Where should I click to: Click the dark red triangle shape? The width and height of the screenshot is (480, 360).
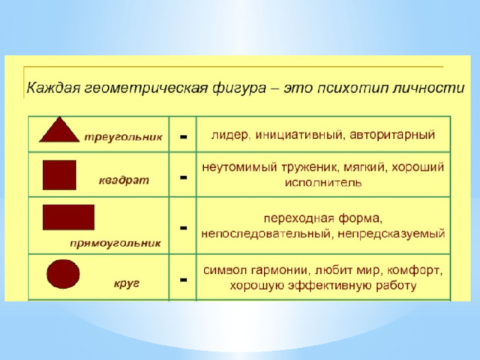click(x=59, y=132)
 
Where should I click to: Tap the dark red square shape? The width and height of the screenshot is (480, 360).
click(x=59, y=175)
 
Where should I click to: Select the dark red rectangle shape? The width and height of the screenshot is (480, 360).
click(x=68, y=217)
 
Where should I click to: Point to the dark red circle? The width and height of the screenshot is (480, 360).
click(x=63, y=274)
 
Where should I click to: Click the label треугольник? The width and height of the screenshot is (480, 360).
click(x=123, y=137)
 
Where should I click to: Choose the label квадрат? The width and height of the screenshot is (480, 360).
click(x=124, y=180)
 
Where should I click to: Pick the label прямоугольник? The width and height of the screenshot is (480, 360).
click(x=115, y=244)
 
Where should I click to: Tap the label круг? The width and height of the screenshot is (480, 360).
click(x=127, y=283)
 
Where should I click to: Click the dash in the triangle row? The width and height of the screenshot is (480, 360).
click(x=183, y=136)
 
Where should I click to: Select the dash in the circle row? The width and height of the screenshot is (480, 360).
click(x=183, y=280)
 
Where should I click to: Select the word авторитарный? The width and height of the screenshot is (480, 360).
click(x=392, y=135)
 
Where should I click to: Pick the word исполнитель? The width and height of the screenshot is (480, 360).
click(x=323, y=183)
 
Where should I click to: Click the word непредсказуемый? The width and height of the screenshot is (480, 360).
click(x=391, y=234)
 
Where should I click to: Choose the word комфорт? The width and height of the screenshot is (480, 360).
click(x=415, y=271)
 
